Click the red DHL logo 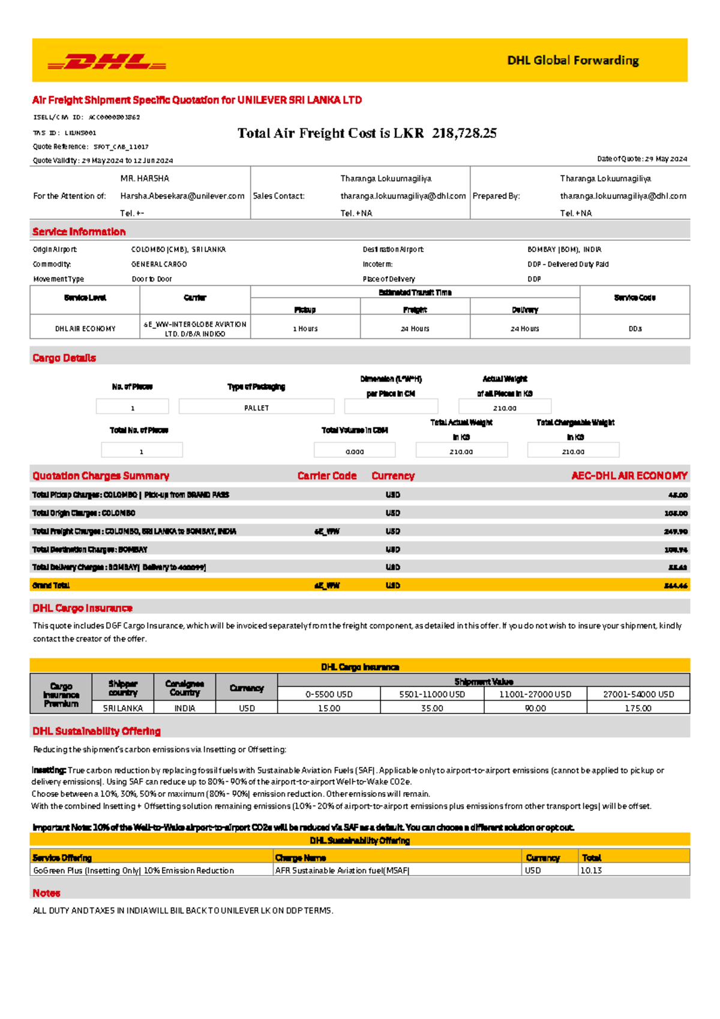pyautogui.click(x=107, y=61)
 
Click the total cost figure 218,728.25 pyautogui.click(x=464, y=133)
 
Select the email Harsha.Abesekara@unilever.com pyautogui.click(x=182, y=196)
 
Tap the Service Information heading pyautogui.click(x=79, y=232)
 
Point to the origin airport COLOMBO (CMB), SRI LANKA pyautogui.click(x=178, y=249)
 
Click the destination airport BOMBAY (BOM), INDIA pyautogui.click(x=564, y=249)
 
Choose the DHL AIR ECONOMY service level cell pyautogui.click(x=85, y=328)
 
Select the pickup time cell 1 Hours pyautogui.click(x=305, y=328)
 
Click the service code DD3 pyautogui.click(x=635, y=328)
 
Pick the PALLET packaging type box pyautogui.click(x=256, y=407)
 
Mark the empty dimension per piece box pyautogui.click(x=391, y=406)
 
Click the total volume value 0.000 pyautogui.click(x=355, y=451)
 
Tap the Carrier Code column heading pyautogui.click(x=326, y=476)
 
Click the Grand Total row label pyautogui.click(x=51, y=585)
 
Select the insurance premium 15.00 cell pyautogui.click(x=329, y=708)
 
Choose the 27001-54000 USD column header pyautogui.click(x=638, y=694)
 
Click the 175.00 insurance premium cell pyautogui.click(x=638, y=708)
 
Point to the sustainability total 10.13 pyautogui.click(x=591, y=870)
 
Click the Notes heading pyautogui.click(x=46, y=893)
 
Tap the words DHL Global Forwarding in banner pyautogui.click(x=572, y=61)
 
